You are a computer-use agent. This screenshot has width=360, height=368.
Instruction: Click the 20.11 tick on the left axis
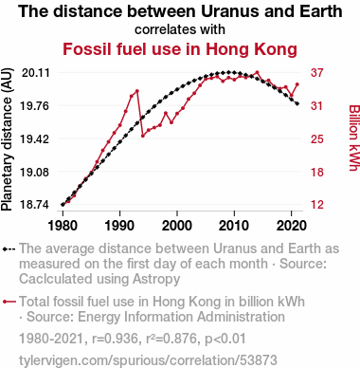(35, 73)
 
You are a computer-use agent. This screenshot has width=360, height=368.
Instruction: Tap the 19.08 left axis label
(35, 173)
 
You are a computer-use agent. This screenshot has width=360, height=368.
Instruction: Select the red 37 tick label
(317, 73)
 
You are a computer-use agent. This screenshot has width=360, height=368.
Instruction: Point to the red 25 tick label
(317, 138)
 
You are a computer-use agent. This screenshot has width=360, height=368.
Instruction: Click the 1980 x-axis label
(63, 226)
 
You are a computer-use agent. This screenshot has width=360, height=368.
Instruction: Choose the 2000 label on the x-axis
(177, 226)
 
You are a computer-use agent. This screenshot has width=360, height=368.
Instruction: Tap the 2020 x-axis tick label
(292, 226)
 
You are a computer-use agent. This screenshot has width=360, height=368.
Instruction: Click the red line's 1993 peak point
(137, 91)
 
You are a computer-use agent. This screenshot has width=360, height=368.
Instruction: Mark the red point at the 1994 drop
(143, 136)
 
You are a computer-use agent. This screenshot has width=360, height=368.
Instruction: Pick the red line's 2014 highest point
(257, 72)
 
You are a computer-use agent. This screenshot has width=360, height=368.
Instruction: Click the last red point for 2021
(297, 84)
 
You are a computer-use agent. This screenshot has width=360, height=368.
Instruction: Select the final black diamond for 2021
(297, 103)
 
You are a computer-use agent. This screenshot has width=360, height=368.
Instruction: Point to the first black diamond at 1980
(63, 205)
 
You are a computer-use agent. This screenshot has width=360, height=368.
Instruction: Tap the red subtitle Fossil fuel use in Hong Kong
(180, 49)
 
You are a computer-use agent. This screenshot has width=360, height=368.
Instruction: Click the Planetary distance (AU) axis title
(7, 139)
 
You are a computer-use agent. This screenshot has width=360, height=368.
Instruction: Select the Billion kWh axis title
(353, 138)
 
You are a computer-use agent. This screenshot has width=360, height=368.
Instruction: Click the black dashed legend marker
(9, 249)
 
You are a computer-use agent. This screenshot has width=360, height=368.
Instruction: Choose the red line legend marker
(9, 302)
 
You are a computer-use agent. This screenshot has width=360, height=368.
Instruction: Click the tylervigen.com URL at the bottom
(148, 360)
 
